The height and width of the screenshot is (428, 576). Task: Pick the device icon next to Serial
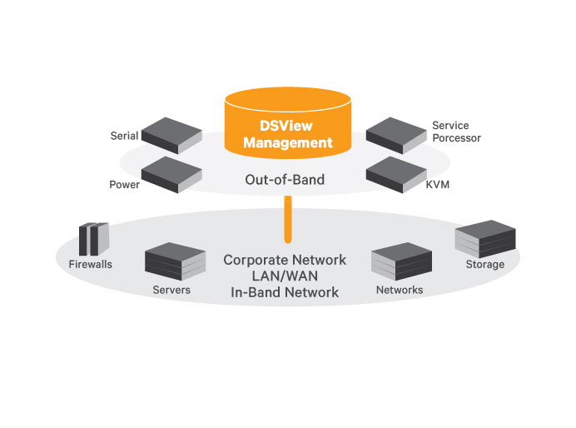pos(171,133)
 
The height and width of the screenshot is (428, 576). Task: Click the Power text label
pos(123,185)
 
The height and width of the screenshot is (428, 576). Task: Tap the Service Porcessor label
pos(456,132)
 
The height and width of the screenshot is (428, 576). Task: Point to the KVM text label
pos(437,185)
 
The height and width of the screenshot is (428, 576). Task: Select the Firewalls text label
pos(90,265)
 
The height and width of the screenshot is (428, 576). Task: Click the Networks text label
pos(400,290)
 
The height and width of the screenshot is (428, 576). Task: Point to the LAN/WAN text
pos(285,276)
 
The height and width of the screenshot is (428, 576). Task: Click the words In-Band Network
pos(285,292)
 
